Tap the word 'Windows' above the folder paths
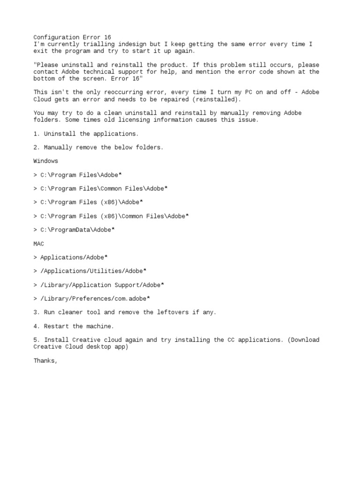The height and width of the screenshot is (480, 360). pos(45,161)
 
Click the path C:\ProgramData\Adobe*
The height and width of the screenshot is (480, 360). pos(77,230)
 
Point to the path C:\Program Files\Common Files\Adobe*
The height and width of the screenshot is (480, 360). pos(104,188)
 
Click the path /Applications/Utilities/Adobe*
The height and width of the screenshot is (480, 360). pos(93,271)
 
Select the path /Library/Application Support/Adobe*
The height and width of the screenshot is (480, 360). pos(102,285)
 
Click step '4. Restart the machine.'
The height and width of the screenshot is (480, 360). pos(74,326)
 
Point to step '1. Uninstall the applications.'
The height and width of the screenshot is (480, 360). pos(86,134)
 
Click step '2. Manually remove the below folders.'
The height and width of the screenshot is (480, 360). pos(98,147)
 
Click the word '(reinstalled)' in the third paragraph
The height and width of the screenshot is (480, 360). pos(219,99)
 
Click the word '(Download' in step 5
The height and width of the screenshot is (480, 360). pos(301,340)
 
